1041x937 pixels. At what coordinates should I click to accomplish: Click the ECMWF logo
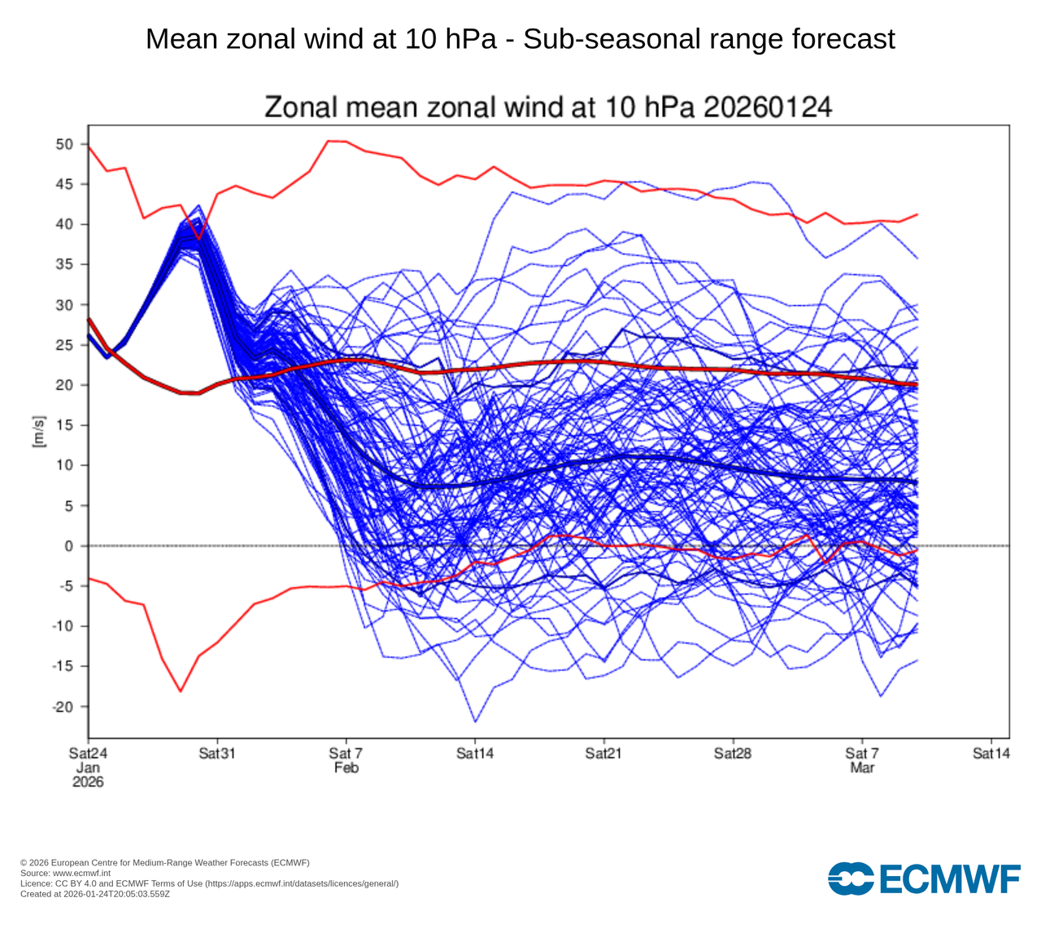pyautogui.click(x=924, y=878)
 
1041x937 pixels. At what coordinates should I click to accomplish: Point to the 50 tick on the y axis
pyautogui.click(x=65, y=145)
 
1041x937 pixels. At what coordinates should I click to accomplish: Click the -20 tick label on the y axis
pyautogui.click(x=62, y=707)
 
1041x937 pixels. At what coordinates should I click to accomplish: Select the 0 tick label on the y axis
pyautogui.click(x=69, y=546)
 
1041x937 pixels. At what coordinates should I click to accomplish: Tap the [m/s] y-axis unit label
pyautogui.click(x=38, y=432)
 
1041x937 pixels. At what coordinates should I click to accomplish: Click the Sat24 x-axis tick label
pyautogui.click(x=88, y=753)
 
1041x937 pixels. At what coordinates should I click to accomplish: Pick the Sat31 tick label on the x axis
pyautogui.click(x=217, y=753)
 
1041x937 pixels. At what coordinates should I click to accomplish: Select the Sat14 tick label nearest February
pyautogui.click(x=475, y=753)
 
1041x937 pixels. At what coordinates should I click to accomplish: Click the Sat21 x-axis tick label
pyautogui.click(x=603, y=753)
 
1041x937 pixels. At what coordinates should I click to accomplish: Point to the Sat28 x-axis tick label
pyautogui.click(x=733, y=753)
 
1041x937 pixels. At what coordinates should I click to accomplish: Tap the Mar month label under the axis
pyautogui.click(x=862, y=768)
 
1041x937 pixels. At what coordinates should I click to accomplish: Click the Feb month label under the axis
pyautogui.click(x=346, y=768)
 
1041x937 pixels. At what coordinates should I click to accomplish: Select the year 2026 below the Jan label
pyautogui.click(x=88, y=782)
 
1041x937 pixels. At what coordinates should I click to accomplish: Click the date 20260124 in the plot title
pyautogui.click(x=767, y=107)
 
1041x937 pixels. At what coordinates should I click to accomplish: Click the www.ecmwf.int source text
pyautogui.click(x=87, y=873)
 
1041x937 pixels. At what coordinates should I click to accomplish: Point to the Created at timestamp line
pyautogui.click(x=95, y=894)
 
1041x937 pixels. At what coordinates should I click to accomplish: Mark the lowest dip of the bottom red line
pyautogui.click(x=181, y=691)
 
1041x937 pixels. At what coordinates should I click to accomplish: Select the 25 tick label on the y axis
pyautogui.click(x=65, y=345)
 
